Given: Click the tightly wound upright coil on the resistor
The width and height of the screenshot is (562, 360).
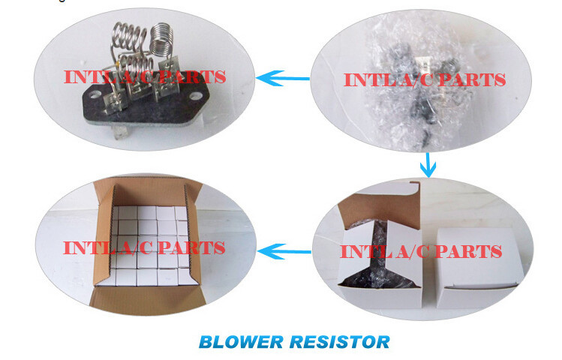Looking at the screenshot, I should (160, 42).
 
